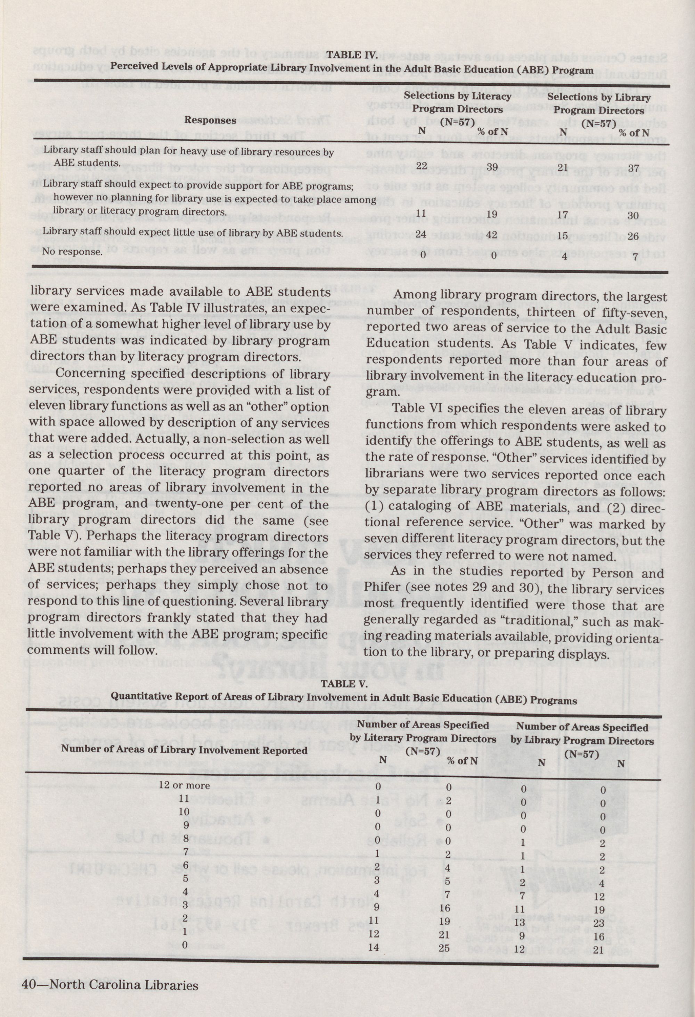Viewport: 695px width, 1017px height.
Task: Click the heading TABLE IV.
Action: coord(352,55)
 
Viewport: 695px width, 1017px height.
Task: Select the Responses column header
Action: coord(210,120)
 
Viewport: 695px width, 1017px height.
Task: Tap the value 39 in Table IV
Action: coord(492,167)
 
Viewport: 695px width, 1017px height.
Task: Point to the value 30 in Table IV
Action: coord(633,216)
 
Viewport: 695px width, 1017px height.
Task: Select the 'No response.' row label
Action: coord(72,252)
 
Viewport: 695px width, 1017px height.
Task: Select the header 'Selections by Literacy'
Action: coord(457,96)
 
